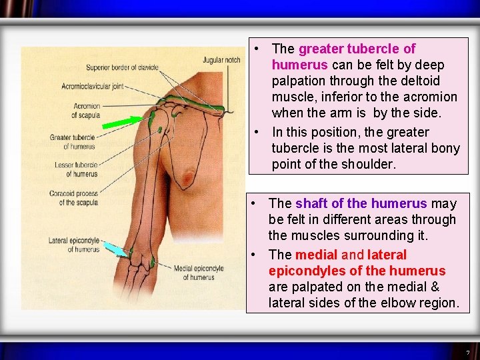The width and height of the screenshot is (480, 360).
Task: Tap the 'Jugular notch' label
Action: click(x=222, y=60)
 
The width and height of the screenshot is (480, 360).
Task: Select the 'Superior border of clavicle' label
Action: click(x=121, y=67)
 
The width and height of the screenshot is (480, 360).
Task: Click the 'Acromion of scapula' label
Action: click(x=87, y=110)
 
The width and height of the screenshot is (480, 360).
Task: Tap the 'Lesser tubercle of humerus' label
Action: click(x=77, y=169)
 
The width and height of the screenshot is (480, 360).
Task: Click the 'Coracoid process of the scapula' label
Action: click(x=74, y=198)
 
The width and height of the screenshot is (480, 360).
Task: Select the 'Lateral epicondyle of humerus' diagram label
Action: click(x=74, y=245)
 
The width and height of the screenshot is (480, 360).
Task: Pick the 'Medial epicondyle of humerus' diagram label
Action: click(x=199, y=273)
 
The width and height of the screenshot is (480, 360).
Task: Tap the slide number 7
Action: click(x=467, y=352)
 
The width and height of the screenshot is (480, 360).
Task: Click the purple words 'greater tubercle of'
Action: click(x=357, y=49)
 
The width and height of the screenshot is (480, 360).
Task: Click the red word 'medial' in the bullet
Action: click(x=316, y=255)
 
